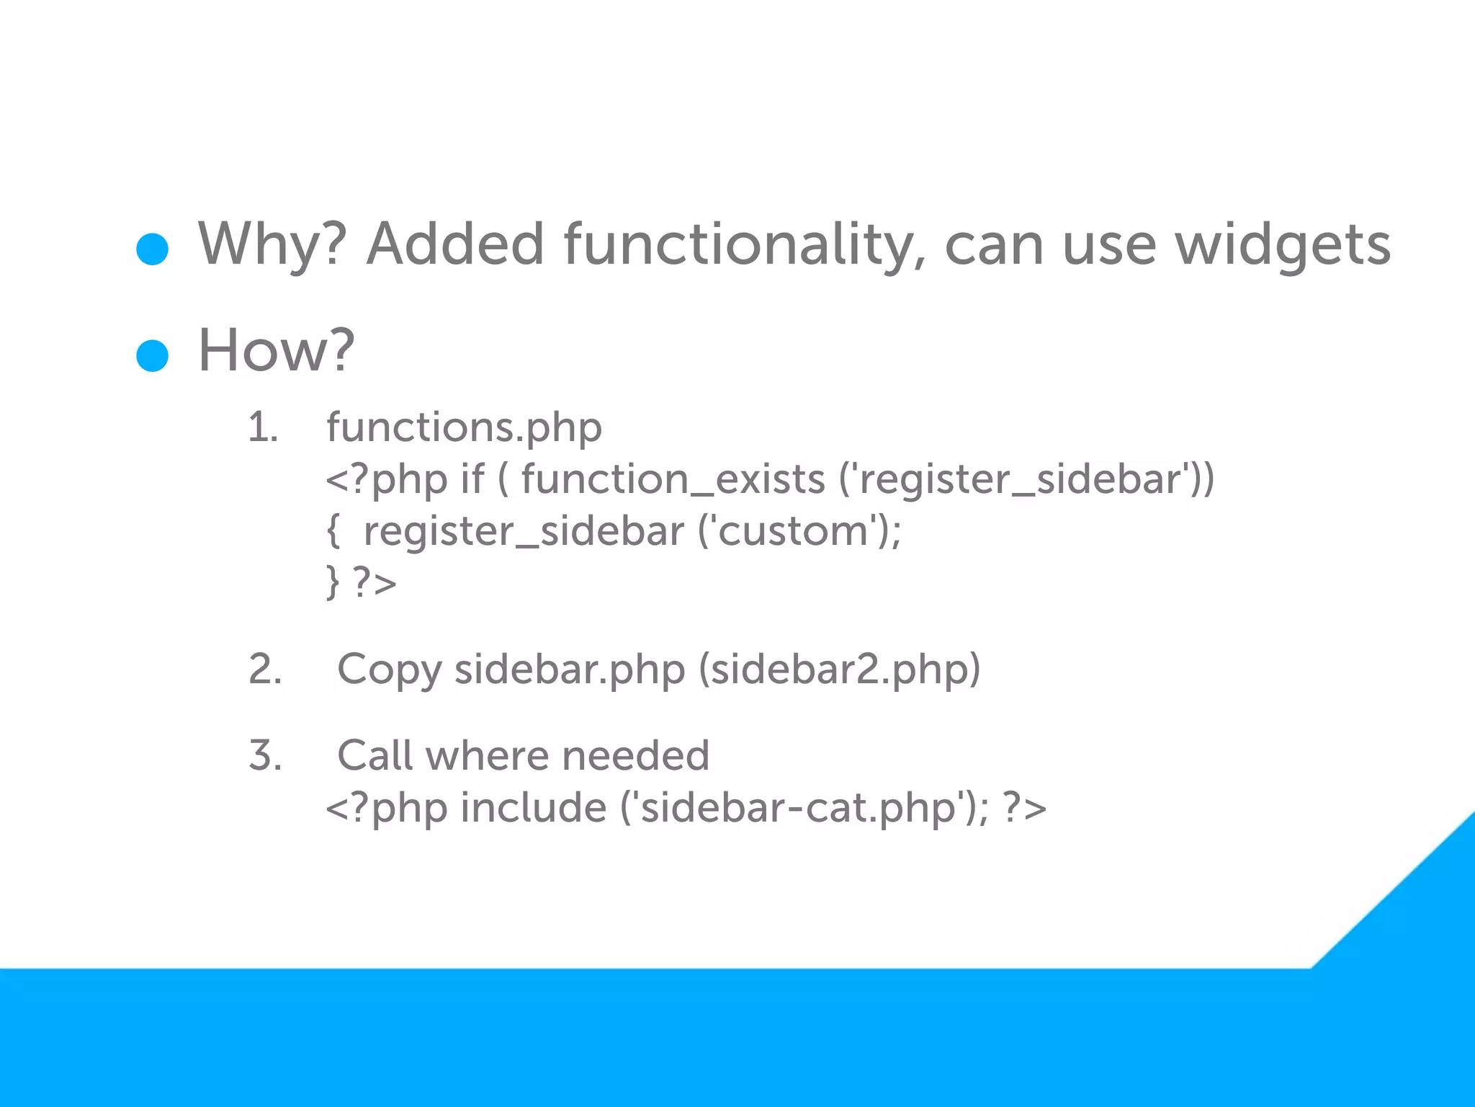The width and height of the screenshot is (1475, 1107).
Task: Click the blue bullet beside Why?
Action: click(x=152, y=249)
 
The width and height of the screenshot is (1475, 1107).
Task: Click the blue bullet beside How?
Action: click(x=152, y=355)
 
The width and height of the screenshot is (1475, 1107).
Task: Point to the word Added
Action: click(x=455, y=244)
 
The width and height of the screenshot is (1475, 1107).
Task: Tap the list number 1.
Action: click(x=262, y=427)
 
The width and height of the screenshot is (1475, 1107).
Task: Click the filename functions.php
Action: click(x=464, y=427)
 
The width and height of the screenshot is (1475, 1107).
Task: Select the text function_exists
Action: click(x=673, y=479)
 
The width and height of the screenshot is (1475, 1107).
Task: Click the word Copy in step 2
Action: click(x=389, y=670)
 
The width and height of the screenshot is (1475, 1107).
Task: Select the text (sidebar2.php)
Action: click(x=840, y=670)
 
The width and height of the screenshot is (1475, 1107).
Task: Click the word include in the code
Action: click(x=533, y=807)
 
